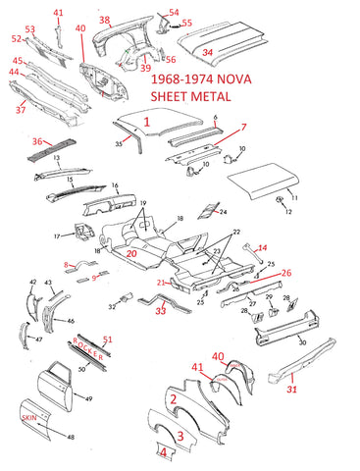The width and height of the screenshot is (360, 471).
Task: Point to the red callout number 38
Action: (x=105, y=20)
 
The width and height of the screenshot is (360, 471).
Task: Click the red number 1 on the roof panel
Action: (x=147, y=123)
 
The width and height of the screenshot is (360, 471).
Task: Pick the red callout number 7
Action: (x=243, y=128)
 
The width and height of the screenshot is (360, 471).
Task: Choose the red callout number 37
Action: (x=21, y=110)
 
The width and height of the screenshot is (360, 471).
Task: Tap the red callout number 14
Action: (x=262, y=249)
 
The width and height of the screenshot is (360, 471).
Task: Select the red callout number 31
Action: (x=291, y=391)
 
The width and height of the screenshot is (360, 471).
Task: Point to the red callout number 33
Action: (x=161, y=311)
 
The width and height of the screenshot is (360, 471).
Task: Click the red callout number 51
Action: (x=108, y=340)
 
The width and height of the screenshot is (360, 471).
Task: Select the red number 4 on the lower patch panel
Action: (x=165, y=451)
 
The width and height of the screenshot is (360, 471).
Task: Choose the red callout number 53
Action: (x=28, y=29)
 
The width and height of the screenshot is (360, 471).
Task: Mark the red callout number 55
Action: (x=186, y=22)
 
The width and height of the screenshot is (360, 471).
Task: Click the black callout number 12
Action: (x=288, y=212)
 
